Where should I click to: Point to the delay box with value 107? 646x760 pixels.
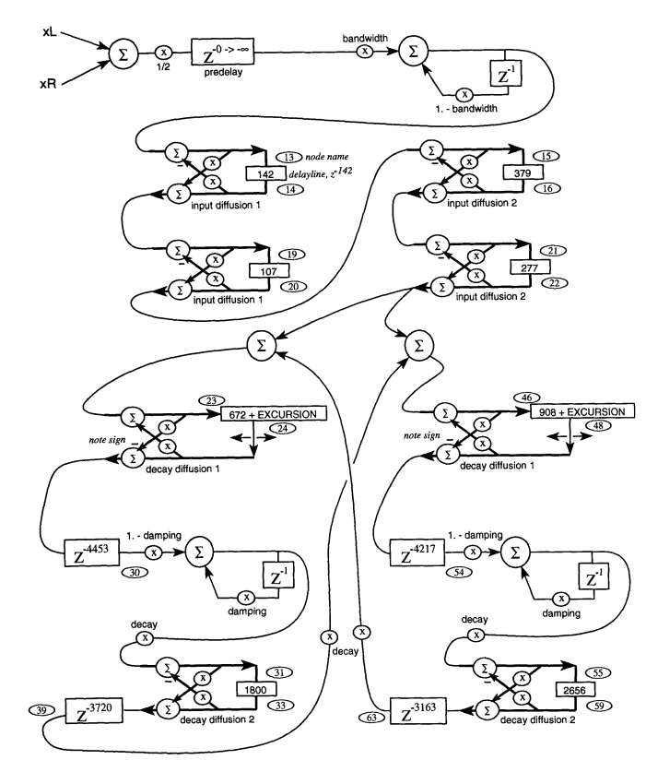point(269,273)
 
